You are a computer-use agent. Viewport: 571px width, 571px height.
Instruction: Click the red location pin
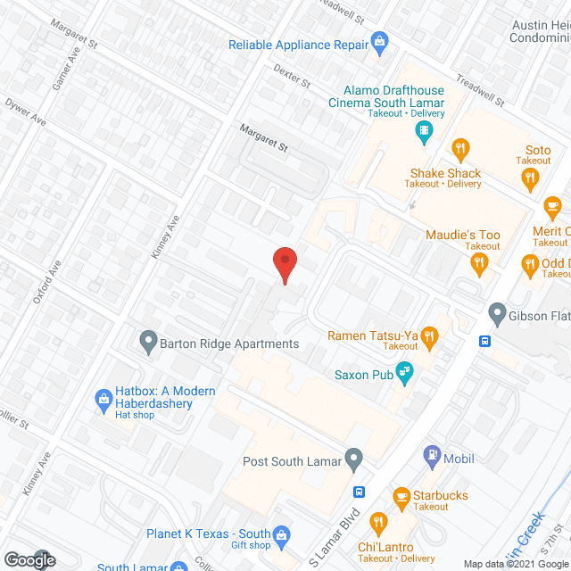(284, 264)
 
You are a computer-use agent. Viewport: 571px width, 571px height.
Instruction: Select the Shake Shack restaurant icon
(460, 149)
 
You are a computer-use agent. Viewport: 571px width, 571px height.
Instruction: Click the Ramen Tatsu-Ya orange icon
(429, 335)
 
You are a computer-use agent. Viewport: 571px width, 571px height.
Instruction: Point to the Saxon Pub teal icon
(405, 373)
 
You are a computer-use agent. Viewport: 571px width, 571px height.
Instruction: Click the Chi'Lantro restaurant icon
(378, 522)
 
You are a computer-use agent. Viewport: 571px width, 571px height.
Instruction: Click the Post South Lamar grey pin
(354, 460)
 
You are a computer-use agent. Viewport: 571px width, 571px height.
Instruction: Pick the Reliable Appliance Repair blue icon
(380, 41)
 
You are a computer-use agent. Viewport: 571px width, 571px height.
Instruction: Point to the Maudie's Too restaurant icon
(478, 261)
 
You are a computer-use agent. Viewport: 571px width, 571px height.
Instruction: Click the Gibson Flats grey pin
(497, 313)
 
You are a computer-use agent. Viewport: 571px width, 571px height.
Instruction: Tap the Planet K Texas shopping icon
(282, 535)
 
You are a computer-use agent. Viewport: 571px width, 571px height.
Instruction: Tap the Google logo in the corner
(29, 559)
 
